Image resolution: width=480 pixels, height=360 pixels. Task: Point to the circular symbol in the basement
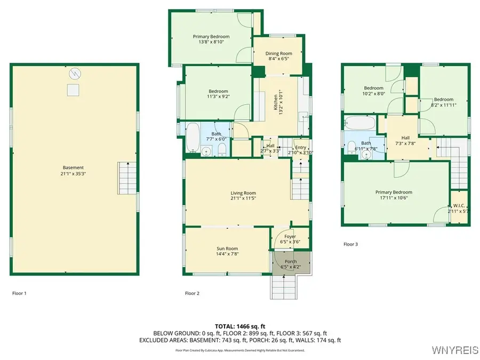click(x=74, y=73)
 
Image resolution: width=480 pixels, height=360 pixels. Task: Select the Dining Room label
click(x=278, y=53)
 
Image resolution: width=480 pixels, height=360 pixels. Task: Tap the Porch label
click(x=291, y=261)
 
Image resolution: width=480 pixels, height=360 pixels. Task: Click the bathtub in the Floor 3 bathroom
click(x=361, y=123)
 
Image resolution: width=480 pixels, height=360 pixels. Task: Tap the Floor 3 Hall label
click(x=405, y=137)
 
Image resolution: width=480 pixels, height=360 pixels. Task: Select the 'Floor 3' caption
click(x=350, y=244)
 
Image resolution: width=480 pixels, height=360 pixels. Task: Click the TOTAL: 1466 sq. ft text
click(x=240, y=325)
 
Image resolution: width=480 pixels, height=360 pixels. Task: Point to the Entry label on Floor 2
click(x=301, y=147)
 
